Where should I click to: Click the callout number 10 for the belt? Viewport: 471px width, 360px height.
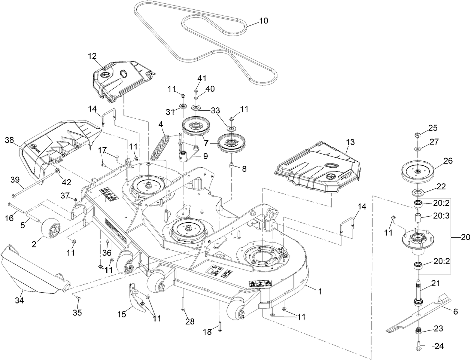(x=264, y=21)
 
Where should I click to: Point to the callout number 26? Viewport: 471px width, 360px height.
(x=448, y=161)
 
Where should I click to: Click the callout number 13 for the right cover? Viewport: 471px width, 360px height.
(x=350, y=142)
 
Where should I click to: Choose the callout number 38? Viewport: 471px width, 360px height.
(x=9, y=140)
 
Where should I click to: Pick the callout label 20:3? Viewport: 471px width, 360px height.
(x=436, y=216)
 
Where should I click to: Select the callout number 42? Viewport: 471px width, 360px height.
(x=66, y=183)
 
